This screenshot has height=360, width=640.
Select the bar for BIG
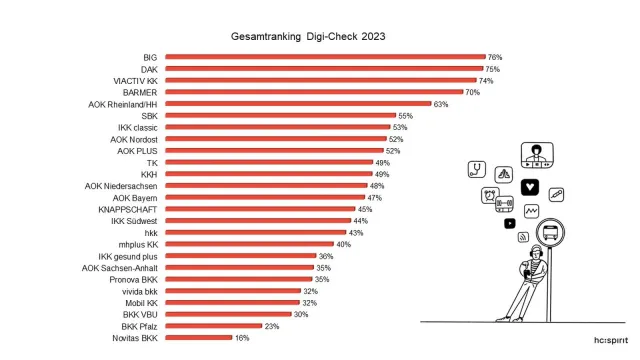click(x=325, y=57)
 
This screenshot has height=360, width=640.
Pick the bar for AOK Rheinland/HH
click(x=297, y=104)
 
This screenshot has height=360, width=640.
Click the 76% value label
click(x=494, y=57)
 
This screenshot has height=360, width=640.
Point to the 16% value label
click(x=241, y=337)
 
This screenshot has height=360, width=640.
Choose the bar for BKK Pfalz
click(x=212, y=326)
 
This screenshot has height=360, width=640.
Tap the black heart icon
click(x=530, y=185)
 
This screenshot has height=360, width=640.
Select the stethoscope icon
click(x=478, y=169)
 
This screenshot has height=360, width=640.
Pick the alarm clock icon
click(x=491, y=195)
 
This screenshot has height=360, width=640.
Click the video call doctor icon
click(x=537, y=155)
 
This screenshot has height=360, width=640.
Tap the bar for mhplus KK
click(x=249, y=244)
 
